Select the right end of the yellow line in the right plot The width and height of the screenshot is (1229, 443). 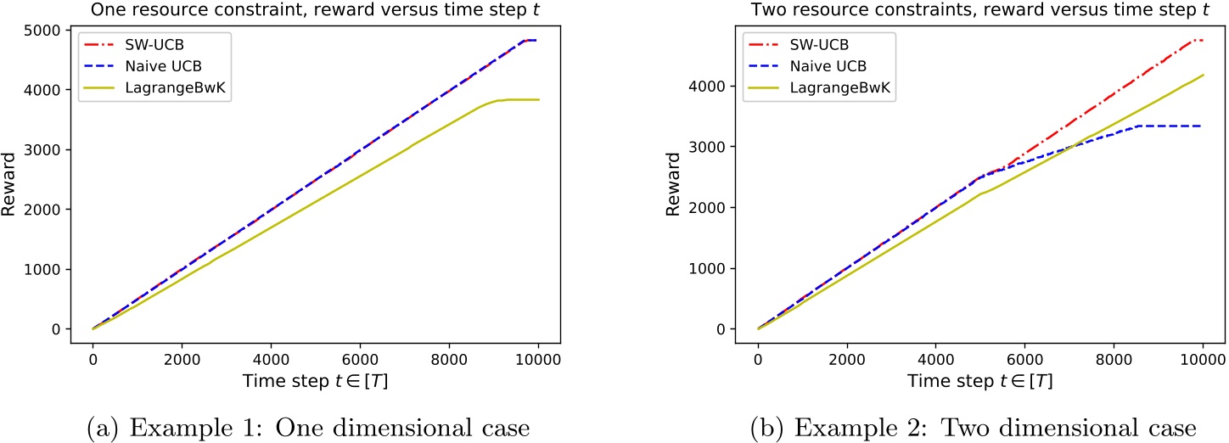click(x=1203, y=75)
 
